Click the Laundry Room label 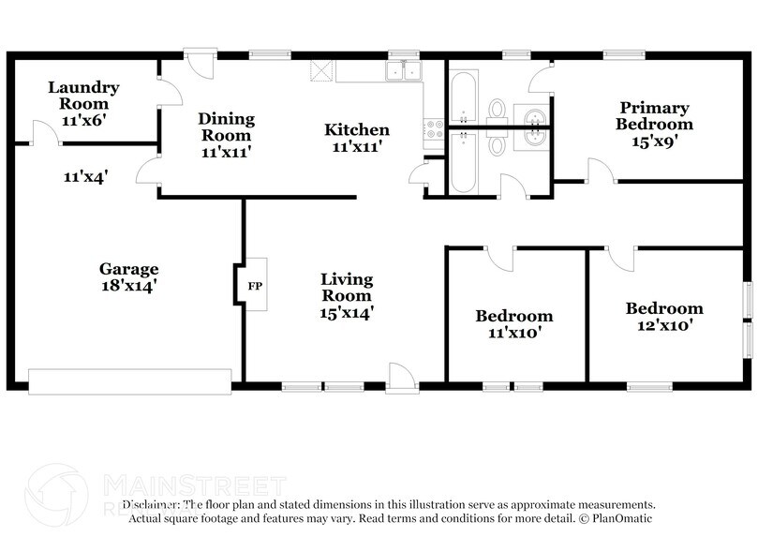84,96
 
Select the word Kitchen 357,130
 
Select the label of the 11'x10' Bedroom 513,316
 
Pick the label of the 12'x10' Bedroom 664,308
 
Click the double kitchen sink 404,71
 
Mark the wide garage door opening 129,380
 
